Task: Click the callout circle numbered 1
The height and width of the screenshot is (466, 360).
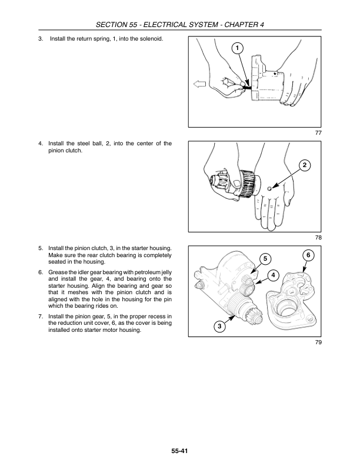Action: (x=237, y=48)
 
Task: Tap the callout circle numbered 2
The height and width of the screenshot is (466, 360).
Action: (x=305, y=165)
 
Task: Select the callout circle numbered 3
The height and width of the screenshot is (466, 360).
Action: (x=219, y=327)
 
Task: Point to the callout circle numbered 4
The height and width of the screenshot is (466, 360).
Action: (x=274, y=275)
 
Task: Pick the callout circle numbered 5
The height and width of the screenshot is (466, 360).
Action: (x=265, y=259)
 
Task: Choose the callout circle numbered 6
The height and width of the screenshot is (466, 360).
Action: (x=308, y=255)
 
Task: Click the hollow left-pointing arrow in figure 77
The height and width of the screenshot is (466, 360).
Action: (x=199, y=84)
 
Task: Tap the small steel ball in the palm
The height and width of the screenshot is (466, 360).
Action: (x=269, y=188)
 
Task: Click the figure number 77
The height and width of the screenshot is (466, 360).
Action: (x=318, y=133)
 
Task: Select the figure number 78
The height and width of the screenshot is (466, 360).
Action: (x=318, y=238)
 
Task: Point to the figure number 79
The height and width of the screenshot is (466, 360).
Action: (x=318, y=342)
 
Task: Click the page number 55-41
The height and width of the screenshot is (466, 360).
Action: (x=179, y=451)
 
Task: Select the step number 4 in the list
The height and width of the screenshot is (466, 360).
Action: (x=41, y=144)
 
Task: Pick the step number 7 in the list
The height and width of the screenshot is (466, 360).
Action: (x=41, y=316)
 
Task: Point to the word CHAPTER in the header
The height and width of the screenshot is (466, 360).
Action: (x=241, y=25)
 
